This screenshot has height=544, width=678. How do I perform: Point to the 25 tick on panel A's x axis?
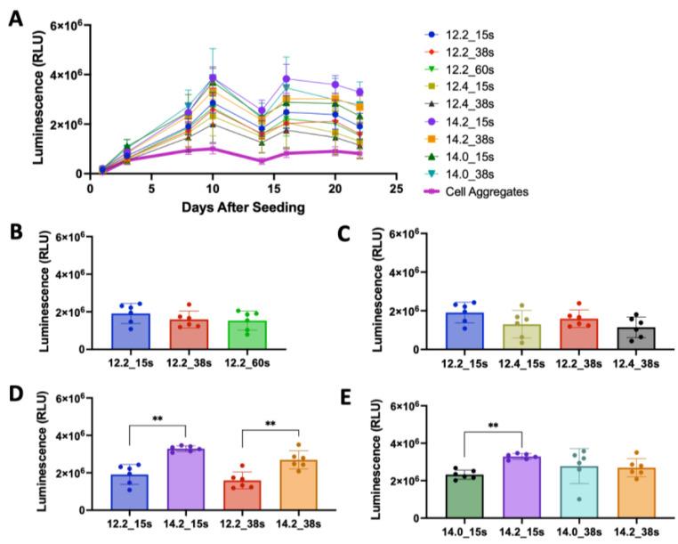pyautogui.click(x=396, y=189)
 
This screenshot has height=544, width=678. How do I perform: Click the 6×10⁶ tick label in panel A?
pyautogui.click(x=63, y=26)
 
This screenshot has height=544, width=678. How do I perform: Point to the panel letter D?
pyautogui.click(x=15, y=393)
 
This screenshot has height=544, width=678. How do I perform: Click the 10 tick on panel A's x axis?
pyautogui.click(x=213, y=189)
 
